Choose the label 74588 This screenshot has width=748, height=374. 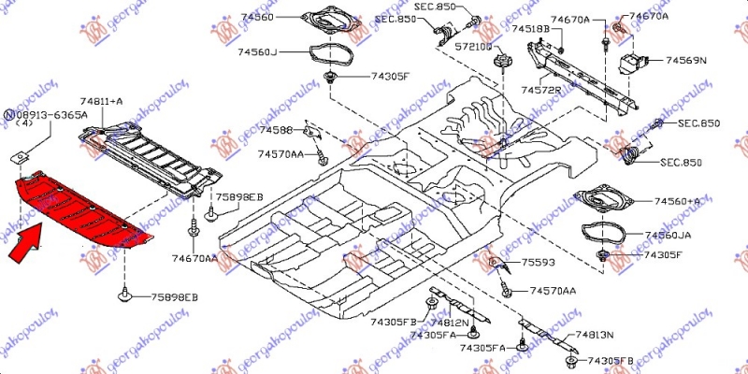276,130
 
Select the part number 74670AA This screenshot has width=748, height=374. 194,257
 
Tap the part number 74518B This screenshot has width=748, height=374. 529,29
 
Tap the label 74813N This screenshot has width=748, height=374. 595,334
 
